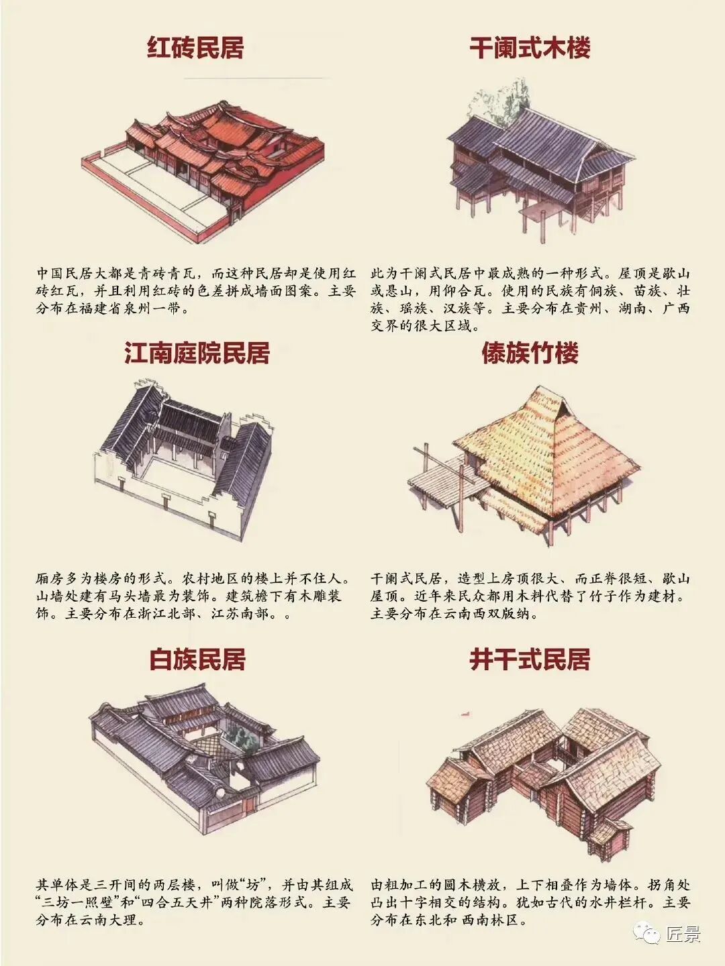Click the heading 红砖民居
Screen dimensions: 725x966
(195, 48)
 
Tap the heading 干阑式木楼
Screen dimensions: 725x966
(530, 48)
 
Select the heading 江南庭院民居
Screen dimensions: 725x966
(197, 353)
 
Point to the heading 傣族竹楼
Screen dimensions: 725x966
(530, 353)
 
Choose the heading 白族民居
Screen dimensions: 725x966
(197, 659)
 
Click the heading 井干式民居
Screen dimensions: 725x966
(530, 659)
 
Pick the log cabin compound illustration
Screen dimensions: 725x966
(544, 771)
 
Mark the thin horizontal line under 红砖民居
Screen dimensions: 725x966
(255, 78)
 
